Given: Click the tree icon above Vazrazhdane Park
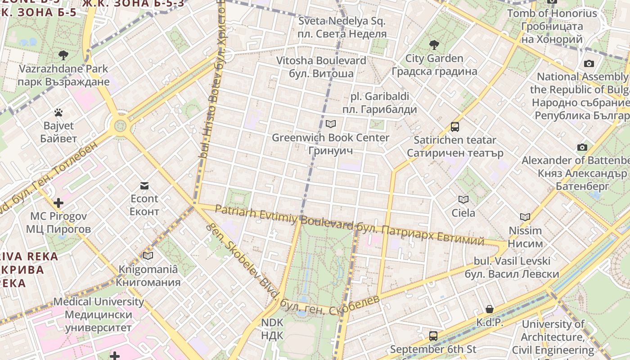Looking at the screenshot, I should coord(63,55).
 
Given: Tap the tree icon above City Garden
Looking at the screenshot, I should coord(434,45).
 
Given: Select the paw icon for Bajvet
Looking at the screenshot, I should coord(58,112).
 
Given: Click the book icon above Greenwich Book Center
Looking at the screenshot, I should coord(331,124).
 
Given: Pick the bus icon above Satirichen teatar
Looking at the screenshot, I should coord(455,127).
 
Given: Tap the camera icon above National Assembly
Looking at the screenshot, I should coord(589,63).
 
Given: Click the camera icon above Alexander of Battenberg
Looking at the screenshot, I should coord(582,147).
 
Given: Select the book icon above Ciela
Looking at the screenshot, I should coord(463,199).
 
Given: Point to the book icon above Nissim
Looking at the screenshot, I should coord(525,217).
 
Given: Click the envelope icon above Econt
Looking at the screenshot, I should coord(144,185).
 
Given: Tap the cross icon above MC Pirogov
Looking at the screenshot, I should coord(58,203).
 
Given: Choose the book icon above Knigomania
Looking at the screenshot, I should coord(148,256).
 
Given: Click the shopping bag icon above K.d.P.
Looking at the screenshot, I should coord(490,309).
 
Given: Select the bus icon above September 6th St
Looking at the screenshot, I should coord(433,336).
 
